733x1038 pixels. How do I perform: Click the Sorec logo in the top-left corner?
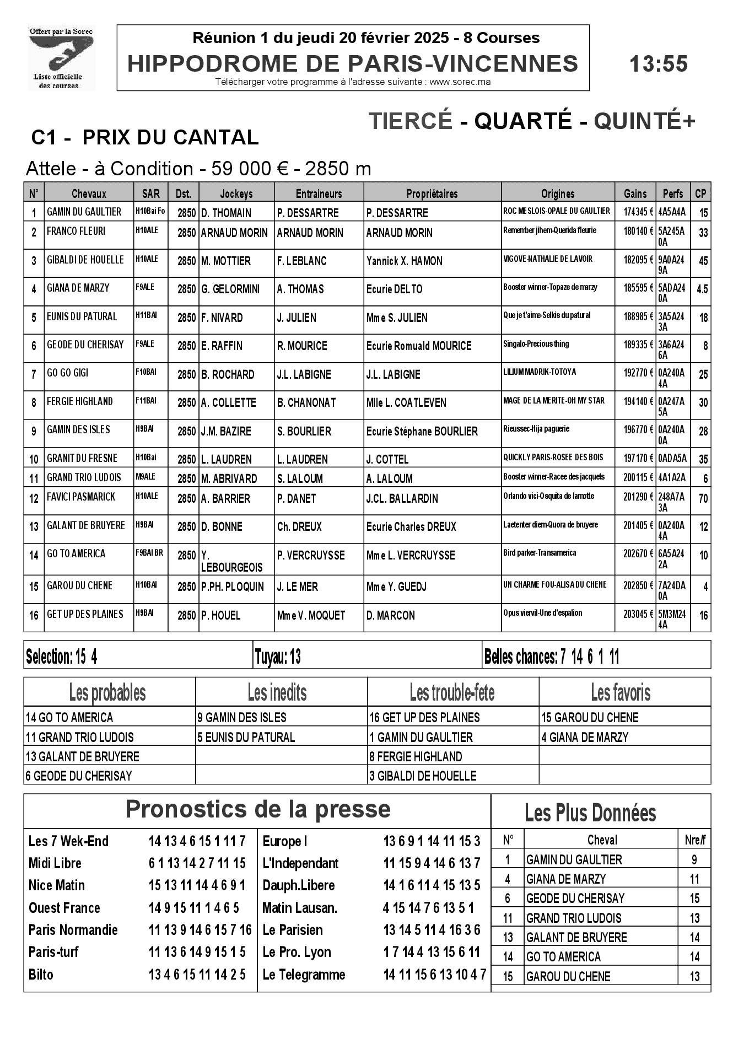pyautogui.click(x=61, y=58)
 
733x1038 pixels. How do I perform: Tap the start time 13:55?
pyautogui.click(x=658, y=64)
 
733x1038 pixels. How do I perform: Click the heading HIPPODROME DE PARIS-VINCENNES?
pyautogui.click(x=353, y=64)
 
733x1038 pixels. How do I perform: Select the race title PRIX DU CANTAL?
pyautogui.click(x=170, y=137)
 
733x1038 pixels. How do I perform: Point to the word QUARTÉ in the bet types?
pyautogui.click(x=523, y=121)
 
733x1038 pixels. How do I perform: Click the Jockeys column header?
pyautogui.click(x=236, y=193)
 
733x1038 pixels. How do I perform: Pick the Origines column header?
pyautogui.click(x=557, y=193)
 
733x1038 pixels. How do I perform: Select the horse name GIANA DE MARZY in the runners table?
pyautogui.click(x=78, y=288)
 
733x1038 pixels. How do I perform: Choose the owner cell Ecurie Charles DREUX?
pyautogui.click(x=411, y=527)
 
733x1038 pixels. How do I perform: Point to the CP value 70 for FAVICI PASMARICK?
pyautogui.click(x=703, y=499)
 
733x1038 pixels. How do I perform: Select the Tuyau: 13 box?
pyautogui.click(x=278, y=657)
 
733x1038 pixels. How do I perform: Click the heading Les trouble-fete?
pyautogui.click(x=452, y=692)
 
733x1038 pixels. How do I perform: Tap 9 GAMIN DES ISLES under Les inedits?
pyautogui.click(x=242, y=718)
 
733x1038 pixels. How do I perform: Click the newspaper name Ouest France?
pyautogui.click(x=64, y=908)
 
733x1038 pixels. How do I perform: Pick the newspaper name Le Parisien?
pyautogui.click(x=292, y=931)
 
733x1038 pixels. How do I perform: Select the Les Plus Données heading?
pyautogui.click(x=590, y=813)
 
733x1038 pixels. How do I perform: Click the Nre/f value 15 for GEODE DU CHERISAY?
pyautogui.click(x=694, y=899)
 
